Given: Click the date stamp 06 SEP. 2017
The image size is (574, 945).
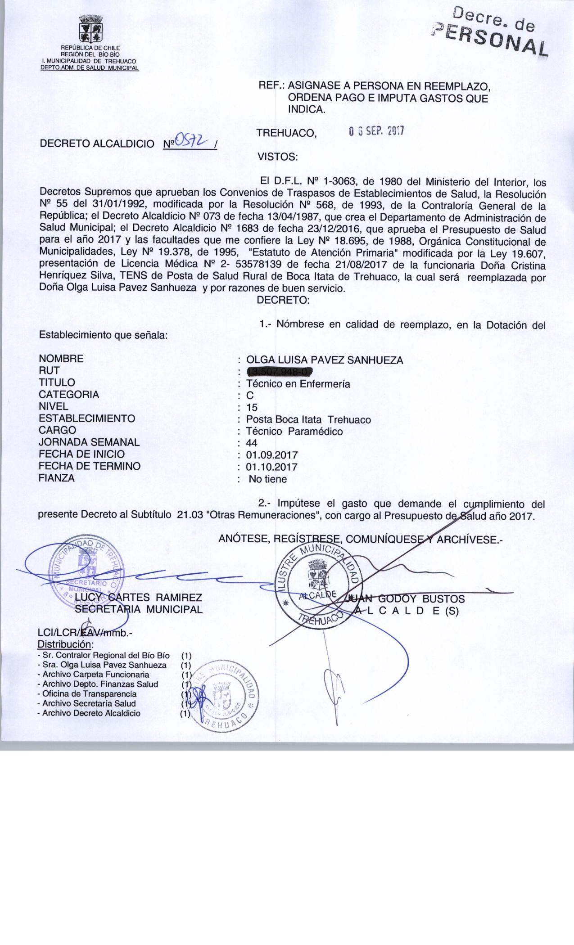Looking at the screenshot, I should pyautogui.click(x=377, y=131).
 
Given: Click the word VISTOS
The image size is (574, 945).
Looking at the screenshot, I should pyautogui.click(x=277, y=157).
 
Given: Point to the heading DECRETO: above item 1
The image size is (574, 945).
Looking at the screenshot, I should pyautogui.click(x=283, y=301).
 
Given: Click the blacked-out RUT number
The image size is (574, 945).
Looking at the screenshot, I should pyautogui.click(x=280, y=372).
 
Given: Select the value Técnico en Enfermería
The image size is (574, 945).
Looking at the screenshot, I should pyautogui.click(x=298, y=384).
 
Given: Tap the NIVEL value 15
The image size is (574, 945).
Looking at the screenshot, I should pyautogui.click(x=252, y=408).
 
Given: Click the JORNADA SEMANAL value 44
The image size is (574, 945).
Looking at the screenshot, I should pyautogui.click(x=252, y=443).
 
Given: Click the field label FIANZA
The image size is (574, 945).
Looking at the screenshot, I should pyautogui.click(x=57, y=478).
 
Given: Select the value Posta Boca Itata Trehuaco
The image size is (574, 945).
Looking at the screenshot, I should pyautogui.click(x=309, y=420).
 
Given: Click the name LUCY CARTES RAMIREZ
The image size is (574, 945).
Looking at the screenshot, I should pyautogui.click(x=138, y=598).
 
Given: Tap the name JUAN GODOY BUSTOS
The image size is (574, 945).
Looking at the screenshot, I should pyautogui.click(x=405, y=599).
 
